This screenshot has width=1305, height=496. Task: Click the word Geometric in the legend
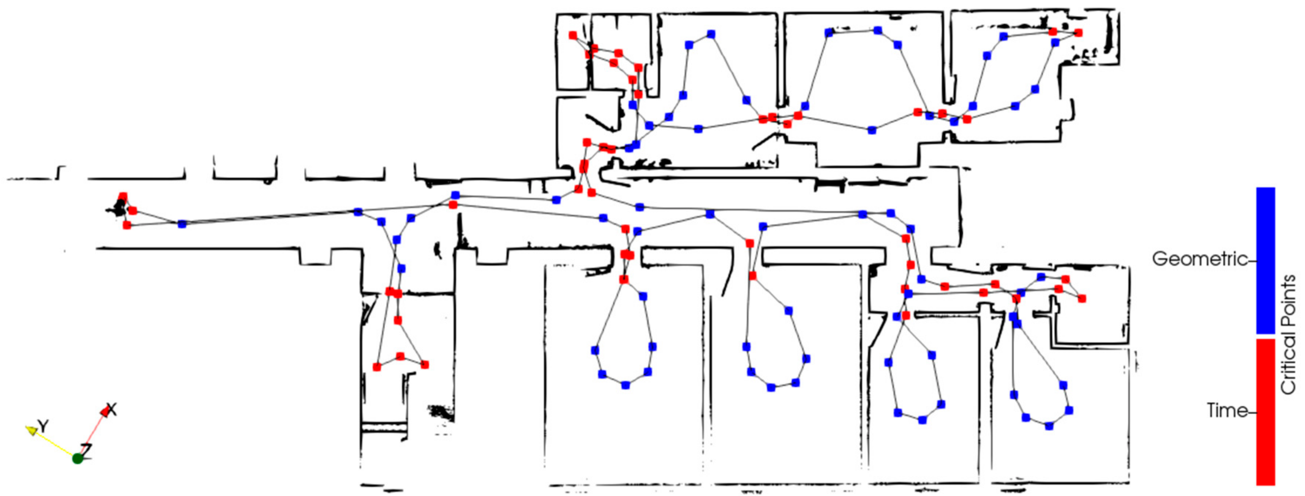(x=1199, y=259)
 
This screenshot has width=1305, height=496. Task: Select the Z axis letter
(x=87, y=450)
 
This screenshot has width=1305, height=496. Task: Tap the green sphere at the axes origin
(x=77, y=459)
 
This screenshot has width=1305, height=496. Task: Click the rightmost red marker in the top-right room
(x=1079, y=33)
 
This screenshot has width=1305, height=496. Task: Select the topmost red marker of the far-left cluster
(x=123, y=196)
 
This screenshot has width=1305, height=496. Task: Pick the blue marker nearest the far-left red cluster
(x=182, y=223)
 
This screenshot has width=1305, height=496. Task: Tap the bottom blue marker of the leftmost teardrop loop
(x=626, y=385)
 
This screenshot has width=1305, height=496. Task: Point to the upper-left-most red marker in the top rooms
(x=572, y=35)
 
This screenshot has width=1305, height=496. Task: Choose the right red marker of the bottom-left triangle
(x=425, y=364)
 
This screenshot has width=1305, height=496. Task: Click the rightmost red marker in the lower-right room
(x=1082, y=298)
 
